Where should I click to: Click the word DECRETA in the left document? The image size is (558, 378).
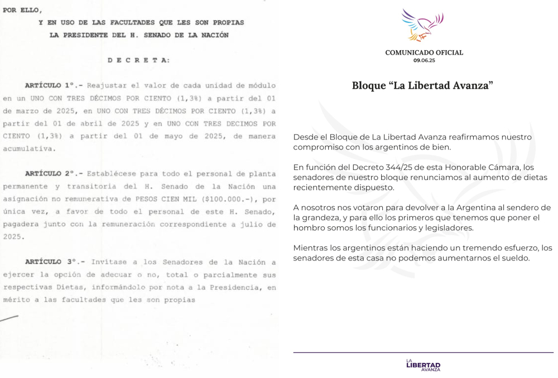click(139, 60)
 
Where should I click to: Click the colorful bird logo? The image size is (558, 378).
click(423, 26)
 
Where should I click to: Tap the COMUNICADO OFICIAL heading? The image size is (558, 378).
click(424, 52)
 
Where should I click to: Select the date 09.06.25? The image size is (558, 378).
click(424, 60)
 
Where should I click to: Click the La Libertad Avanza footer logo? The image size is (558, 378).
click(424, 365)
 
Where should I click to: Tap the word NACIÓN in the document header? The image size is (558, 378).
click(214, 35)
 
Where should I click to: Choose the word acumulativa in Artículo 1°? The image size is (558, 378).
click(28, 148)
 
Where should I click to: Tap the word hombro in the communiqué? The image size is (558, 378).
click(309, 227)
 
